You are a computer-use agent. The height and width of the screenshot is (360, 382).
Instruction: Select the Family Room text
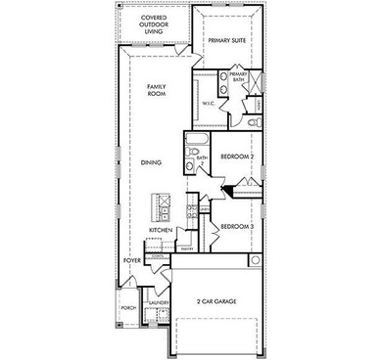[156, 91]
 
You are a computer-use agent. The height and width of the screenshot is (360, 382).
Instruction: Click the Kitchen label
[161, 231]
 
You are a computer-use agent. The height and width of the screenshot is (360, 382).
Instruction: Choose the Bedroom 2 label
[237, 157]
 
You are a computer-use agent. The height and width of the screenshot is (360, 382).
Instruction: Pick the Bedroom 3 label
[237, 227]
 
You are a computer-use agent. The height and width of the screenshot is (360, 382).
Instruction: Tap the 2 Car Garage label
[216, 301]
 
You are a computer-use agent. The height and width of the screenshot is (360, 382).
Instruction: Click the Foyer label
[132, 263]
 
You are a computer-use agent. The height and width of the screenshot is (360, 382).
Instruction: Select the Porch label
[128, 307]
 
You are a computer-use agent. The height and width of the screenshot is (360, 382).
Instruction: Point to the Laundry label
[159, 304]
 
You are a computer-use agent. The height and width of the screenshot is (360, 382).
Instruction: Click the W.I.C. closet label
[209, 103]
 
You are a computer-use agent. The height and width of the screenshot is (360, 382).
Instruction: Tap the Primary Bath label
[238, 78]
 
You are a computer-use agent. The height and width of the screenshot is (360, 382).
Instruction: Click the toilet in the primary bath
[251, 123]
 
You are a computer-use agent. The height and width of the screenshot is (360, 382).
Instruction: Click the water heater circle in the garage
[256, 260]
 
